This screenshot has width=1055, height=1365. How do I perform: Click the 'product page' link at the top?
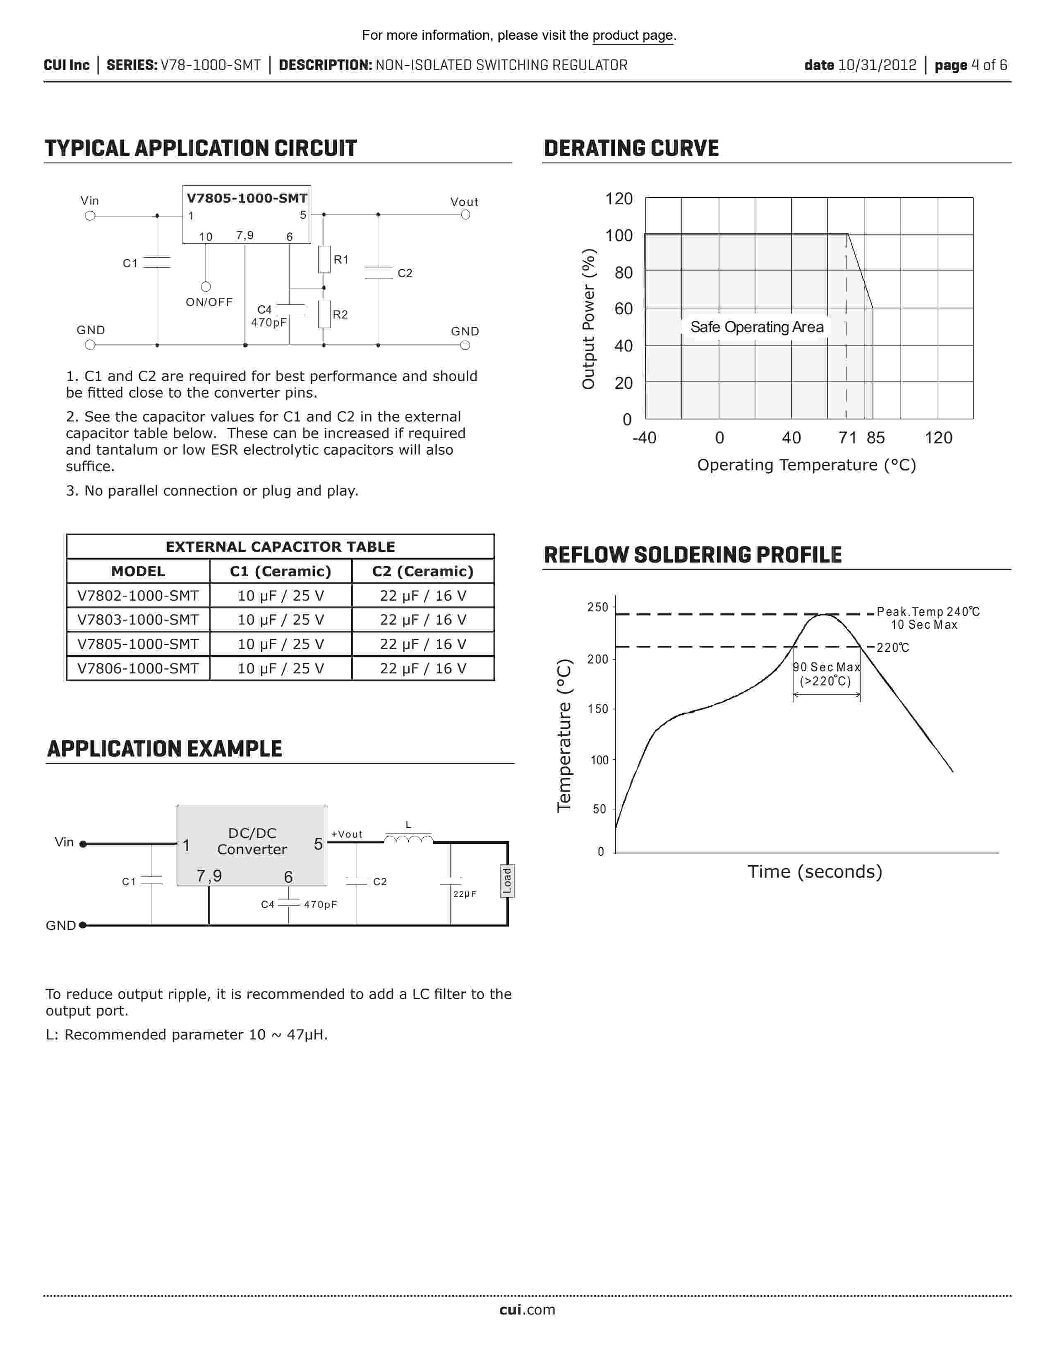coord(633,36)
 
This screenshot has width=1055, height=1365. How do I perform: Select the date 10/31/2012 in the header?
coord(877,65)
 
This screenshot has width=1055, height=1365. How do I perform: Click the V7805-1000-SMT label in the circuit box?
coord(247,198)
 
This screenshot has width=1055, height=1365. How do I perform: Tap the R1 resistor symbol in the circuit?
coord(324,259)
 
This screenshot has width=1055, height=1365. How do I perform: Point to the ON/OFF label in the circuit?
coord(209,302)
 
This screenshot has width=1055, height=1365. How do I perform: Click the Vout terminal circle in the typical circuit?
coord(465,215)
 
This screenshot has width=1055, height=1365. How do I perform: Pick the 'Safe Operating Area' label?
coord(756,327)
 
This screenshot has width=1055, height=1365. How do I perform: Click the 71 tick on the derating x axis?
coord(847,438)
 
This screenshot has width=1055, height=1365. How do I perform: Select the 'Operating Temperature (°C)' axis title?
coord(806,465)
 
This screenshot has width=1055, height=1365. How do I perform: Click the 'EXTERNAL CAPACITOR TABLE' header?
coord(280,547)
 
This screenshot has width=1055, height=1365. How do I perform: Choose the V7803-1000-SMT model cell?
coord(137,619)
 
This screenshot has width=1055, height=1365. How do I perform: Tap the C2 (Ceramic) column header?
coord(422,571)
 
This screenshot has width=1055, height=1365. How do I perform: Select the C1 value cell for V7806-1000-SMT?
coord(281,668)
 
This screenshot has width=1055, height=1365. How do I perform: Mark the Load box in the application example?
coord(507,881)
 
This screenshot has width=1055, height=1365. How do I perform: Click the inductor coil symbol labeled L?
coord(408,839)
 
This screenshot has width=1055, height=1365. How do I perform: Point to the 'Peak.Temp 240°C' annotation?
coord(928,611)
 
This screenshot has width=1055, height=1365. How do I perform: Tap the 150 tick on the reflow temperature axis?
coord(598,709)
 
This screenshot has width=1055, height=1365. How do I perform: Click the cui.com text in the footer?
coord(527,1310)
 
